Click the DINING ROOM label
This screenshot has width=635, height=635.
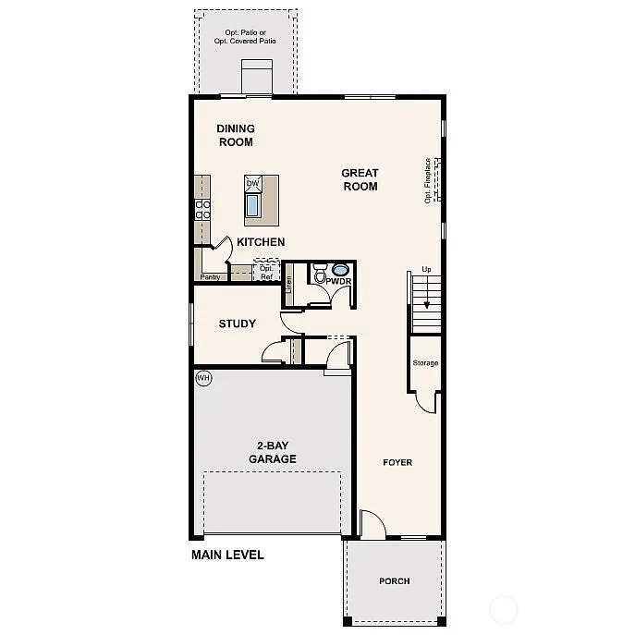(x=236, y=135)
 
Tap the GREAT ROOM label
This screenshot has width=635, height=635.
(x=360, y=179)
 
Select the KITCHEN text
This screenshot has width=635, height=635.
(x=260, y=242)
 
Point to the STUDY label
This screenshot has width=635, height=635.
(x=237, y=324)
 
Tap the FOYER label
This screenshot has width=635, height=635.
(x=397, y=462)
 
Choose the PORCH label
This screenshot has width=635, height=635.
(x=394, y=581)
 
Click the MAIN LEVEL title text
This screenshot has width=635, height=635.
(x=227, y=556)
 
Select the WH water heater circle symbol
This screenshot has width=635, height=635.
(x=203, y=378)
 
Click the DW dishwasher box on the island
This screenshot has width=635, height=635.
(x=253, y=183)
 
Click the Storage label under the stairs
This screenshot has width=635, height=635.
(x=425, y=363)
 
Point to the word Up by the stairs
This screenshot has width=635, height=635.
(x=426, y=269)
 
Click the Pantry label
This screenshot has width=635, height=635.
(x=210, y=276)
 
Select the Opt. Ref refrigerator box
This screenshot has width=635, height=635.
(x=267, y=272)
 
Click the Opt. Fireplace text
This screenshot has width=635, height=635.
(x=428, y=180)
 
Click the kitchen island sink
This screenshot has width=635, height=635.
(x=253, y=203)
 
